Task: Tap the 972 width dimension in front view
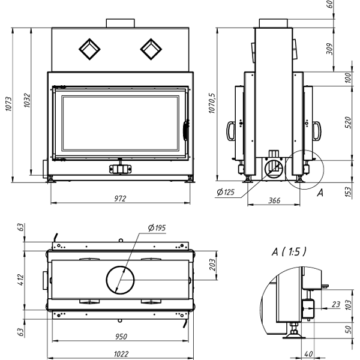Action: click(x=121, y=198)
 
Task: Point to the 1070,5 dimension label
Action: click(x=211, y=103)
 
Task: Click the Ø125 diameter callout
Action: click(x=226, y=191)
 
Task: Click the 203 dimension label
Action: click(x=211, y=265)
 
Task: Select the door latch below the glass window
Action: click(x=121, y=169)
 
